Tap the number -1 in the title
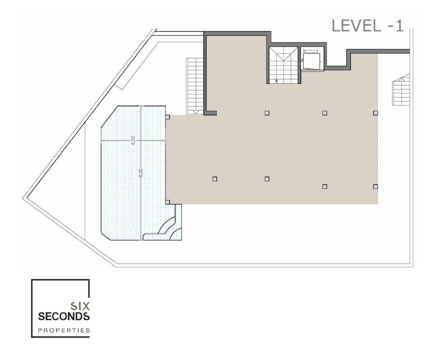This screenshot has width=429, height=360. (396, 26)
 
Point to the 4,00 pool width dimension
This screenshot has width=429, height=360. (133, 140)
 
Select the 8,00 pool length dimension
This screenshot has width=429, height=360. (141, 173)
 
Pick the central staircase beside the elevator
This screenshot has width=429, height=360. (283, 65)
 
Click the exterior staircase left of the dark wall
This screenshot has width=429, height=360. (195, 86)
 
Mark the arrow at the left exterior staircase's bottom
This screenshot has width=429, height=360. (195, 112)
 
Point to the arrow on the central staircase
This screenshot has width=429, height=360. (277, 81)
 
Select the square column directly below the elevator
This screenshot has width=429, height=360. (325, 113)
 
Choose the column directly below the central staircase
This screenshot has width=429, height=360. (267, 113)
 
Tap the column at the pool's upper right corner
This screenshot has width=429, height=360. (167, 117)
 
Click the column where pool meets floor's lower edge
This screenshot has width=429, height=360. (167, 202)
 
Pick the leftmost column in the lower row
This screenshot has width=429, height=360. (215, 179)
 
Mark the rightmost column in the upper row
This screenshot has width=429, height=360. (375, 113)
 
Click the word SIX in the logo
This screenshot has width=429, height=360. (80, 306)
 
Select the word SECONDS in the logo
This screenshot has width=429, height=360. (64, 317)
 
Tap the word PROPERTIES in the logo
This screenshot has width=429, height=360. (64, 330)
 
